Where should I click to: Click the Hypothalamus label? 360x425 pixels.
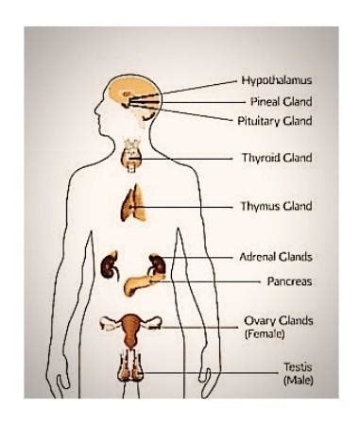click(277, 80)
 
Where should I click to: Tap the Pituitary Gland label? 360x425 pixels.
click(275, 120)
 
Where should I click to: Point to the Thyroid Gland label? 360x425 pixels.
click(277, 158)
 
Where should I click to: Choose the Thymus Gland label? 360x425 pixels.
click(277, 205)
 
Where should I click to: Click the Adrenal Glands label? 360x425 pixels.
click(277, 256)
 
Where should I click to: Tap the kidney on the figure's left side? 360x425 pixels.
click(111, 263)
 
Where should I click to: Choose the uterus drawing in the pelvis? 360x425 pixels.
click(132, 327)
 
